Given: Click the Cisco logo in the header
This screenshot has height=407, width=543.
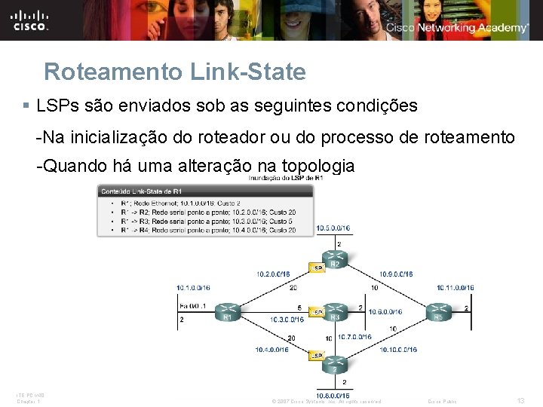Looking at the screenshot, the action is [x=30, y=20].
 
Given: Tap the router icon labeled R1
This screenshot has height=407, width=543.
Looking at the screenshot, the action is [x=227, y=310].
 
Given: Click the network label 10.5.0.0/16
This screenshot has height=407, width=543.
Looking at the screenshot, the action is [x=333, y=228].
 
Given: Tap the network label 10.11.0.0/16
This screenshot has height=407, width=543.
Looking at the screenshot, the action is [x=455, y=287].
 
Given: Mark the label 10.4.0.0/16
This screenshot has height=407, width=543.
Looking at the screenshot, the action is [x=271, y=350].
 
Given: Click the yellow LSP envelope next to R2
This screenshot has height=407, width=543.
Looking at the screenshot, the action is [x=318, y=267].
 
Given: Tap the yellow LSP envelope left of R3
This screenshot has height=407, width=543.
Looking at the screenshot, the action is [x=318, y=311].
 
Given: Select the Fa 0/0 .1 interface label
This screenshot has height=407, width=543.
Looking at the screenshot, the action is [x=194, y=307].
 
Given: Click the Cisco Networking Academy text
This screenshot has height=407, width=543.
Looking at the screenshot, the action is [x=457, y=28].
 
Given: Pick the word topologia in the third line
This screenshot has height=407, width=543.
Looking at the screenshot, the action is [x=317, y=166].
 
